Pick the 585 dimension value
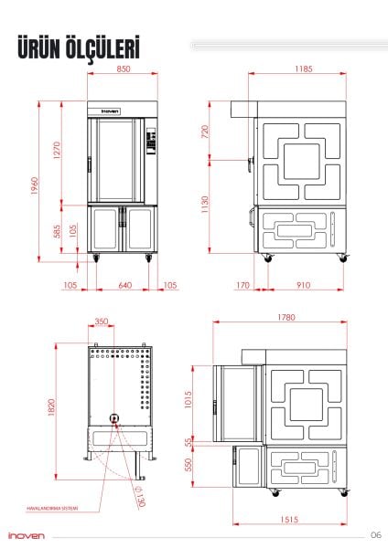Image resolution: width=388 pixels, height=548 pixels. [56, 232]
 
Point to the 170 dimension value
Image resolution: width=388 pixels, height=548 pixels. [242, 285]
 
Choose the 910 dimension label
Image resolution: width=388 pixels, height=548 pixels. [303, 285]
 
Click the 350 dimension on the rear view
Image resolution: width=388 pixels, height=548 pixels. [101, 321]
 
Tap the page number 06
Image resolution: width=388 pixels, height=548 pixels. [376, 534]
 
